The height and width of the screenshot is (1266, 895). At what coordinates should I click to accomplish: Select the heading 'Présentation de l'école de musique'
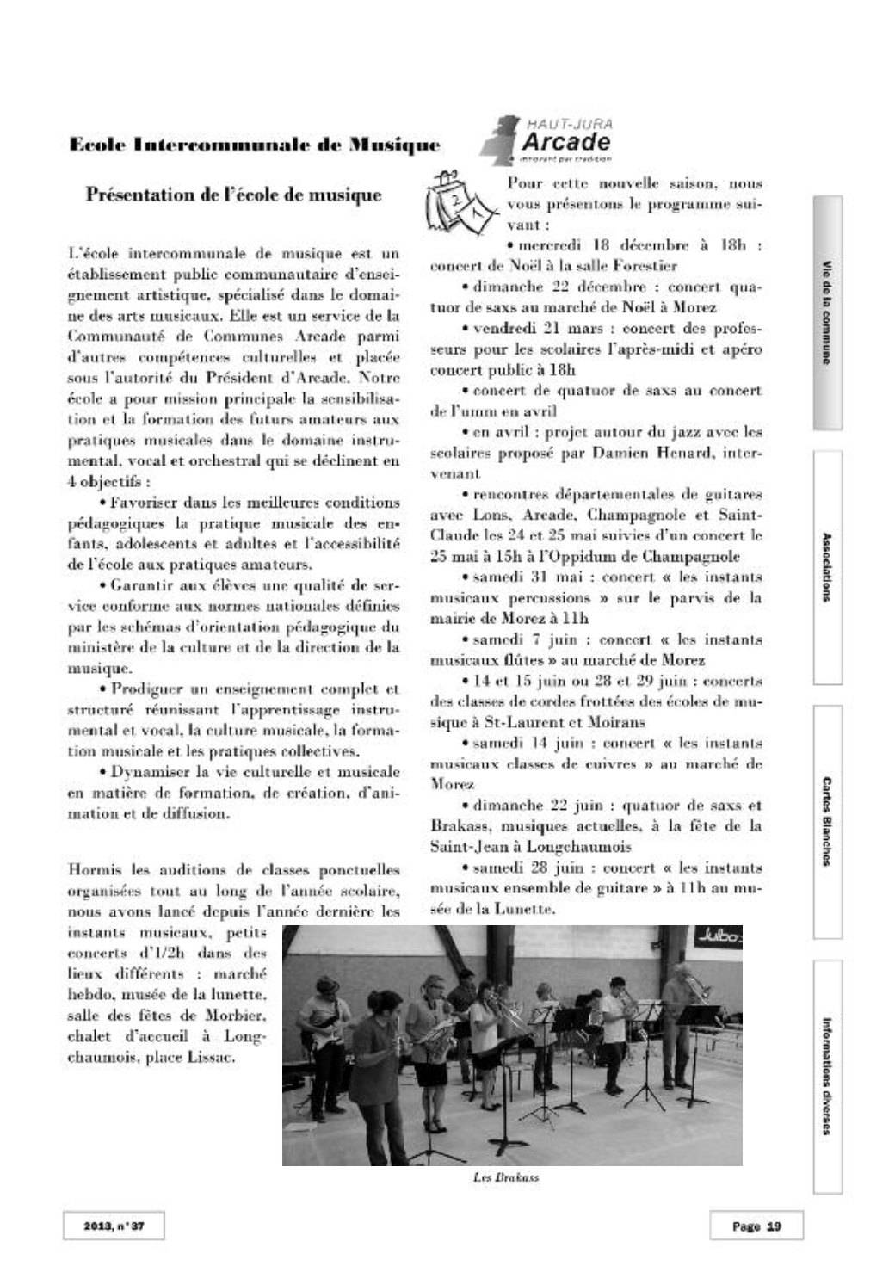[x=233, y=195]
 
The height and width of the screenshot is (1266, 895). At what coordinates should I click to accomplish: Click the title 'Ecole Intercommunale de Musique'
[x=254, y=145]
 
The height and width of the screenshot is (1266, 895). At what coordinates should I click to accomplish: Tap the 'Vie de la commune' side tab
[x=827, y=312]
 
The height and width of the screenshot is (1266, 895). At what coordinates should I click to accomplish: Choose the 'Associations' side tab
[x=827, y=567]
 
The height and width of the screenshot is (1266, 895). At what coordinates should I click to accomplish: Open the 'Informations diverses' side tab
[x=827, y=1077]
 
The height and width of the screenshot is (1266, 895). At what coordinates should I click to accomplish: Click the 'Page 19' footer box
[x=756, y=1226]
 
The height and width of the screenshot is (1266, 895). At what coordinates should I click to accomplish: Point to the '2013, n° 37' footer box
[x=114, y=1226]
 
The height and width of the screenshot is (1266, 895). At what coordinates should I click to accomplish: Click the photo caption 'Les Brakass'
[x=505, y=1176]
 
